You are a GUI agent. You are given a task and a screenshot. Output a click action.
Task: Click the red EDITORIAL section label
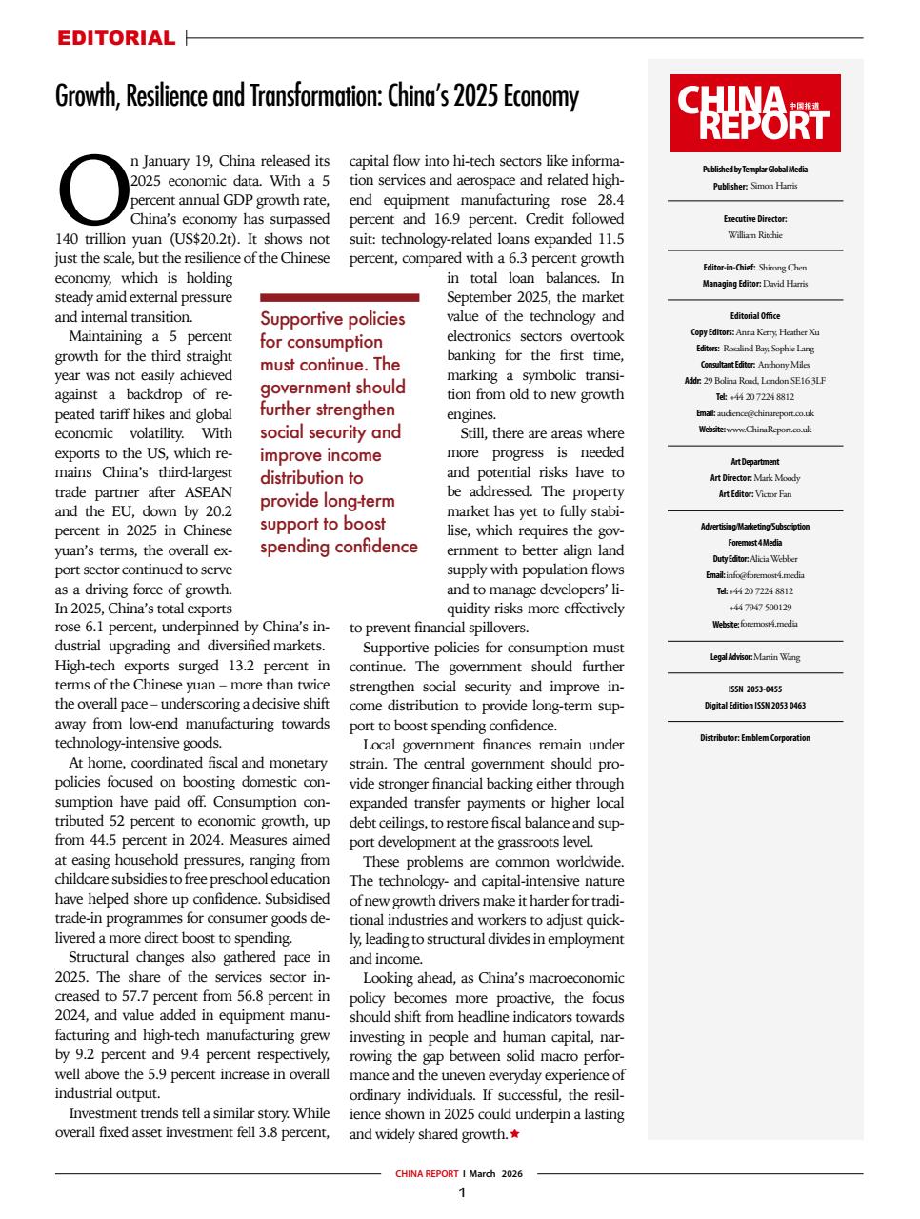(116, 39)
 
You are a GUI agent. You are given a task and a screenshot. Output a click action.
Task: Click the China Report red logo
(755, 113)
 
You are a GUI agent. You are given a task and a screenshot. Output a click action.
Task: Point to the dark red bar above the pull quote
(339, 298)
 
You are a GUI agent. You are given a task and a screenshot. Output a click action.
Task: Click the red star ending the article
(515, 1134)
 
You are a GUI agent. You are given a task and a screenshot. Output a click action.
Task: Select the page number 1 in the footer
(461, 1193)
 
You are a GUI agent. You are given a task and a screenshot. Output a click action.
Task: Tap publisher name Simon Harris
(773, 186)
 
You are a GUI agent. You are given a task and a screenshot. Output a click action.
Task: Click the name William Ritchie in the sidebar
(754, 234)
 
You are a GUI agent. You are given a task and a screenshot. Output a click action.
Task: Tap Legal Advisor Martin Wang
(776, 657)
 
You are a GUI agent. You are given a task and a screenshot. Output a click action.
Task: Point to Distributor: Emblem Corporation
(754, 737)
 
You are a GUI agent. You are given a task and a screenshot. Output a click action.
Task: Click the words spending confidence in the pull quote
(339, 547)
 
